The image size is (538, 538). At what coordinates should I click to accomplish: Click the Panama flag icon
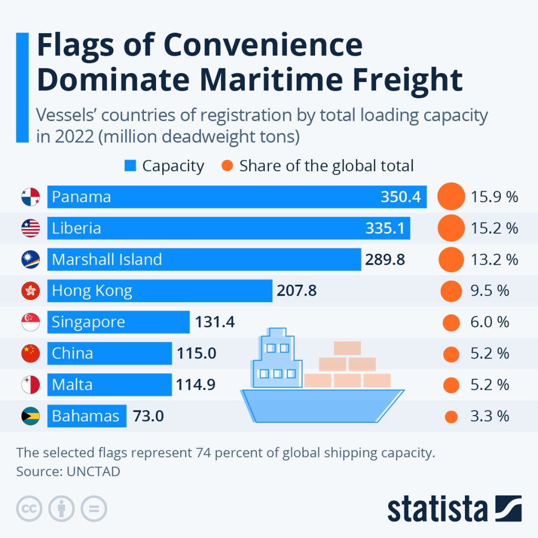click(x=30, y=197)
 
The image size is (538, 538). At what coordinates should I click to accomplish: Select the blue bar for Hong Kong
click(x=160, y=291)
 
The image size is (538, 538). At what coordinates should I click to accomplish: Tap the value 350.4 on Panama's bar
click(x=401, y=197)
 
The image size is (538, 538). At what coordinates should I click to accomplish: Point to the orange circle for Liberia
click(x=451, y=228)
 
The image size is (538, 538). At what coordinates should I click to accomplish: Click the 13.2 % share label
click(x=494, y=260)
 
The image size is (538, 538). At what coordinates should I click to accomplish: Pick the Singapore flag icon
click(x=30, y=322)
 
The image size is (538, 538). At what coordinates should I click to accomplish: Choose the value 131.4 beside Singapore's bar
click(x=215, y=322)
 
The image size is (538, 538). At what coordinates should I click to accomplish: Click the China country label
click(x=72, y=353)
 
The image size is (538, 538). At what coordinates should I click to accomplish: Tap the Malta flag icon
click(x=30, y=385)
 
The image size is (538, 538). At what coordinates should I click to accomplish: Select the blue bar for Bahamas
click(x=87, y=416)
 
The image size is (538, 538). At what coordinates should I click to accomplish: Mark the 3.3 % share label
click(x=490, y=416)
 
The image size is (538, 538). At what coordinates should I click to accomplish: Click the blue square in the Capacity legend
click(x=130, y=166)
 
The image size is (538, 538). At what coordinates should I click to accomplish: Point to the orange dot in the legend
click(x=227, y=166)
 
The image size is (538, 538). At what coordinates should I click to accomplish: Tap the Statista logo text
click(x=437, y=509)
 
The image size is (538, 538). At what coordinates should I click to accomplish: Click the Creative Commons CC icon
click(x=29, y=509)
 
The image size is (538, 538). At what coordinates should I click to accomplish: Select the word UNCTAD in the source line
click(x=94, y=471)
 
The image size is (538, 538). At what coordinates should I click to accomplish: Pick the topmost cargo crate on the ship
click(x=347, y=348)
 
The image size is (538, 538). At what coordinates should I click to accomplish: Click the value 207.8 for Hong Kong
click(x=297, y=291)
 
